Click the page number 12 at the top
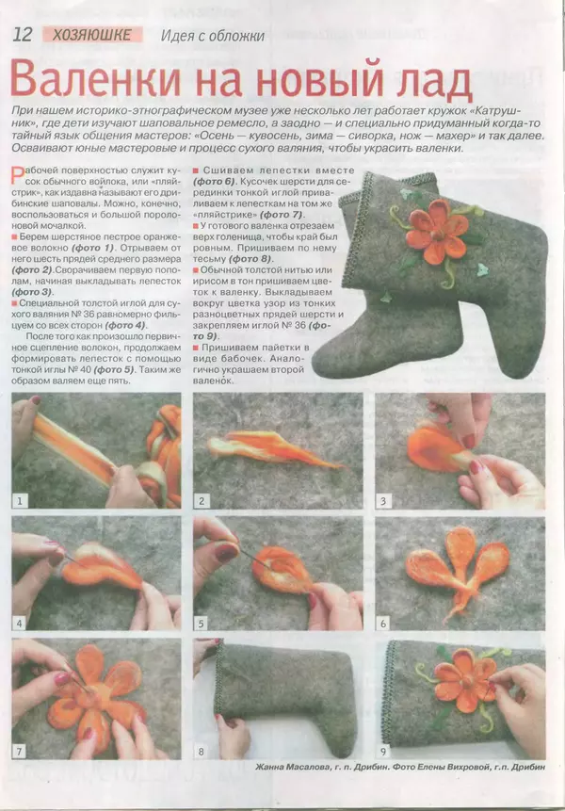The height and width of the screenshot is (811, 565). (x=23, y=35)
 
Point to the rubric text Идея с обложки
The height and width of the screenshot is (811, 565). (x=214, y=36)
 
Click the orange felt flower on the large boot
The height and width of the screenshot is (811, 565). (x=437, y=229)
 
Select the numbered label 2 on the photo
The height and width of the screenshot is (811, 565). (x=202, y=500)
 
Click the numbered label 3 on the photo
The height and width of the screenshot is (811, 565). (x=384, y=500)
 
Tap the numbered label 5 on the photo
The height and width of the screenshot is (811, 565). (x=202, y=623)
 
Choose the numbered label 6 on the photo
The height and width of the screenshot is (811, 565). (x=384, y=623)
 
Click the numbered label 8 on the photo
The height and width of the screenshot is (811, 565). (x=202, y=751)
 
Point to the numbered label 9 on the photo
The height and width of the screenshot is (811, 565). (x=384, y=751)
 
